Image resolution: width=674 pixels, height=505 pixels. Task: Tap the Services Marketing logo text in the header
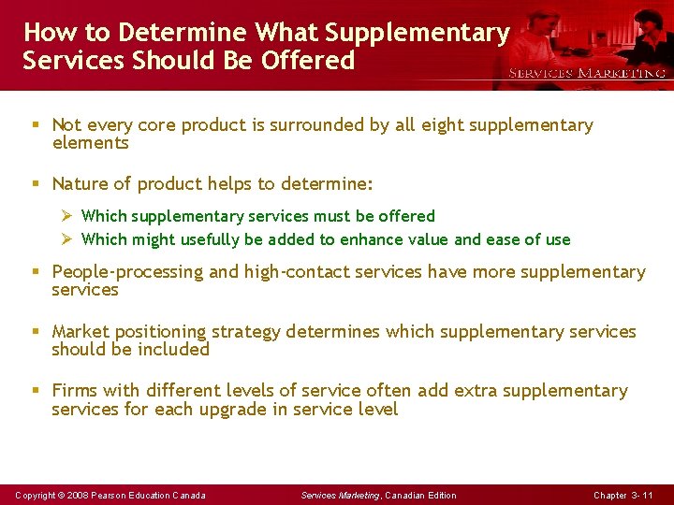point(587,73)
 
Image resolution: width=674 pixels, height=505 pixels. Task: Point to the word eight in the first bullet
point(425,125)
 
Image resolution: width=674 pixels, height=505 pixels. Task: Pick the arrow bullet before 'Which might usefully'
point(66,239)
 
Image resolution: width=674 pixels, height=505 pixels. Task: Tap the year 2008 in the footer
point(79,495)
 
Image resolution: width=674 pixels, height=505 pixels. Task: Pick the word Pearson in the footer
point(112,495)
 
